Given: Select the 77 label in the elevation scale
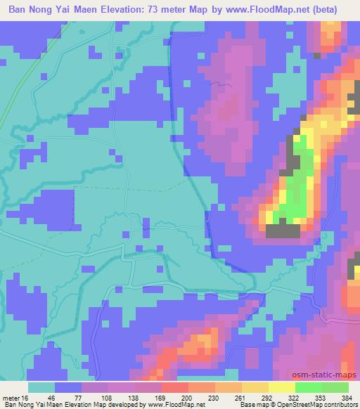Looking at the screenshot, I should point(89,397).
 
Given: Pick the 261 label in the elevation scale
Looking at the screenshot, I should point(240,397).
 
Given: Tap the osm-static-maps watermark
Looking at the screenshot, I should point(331,376).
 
